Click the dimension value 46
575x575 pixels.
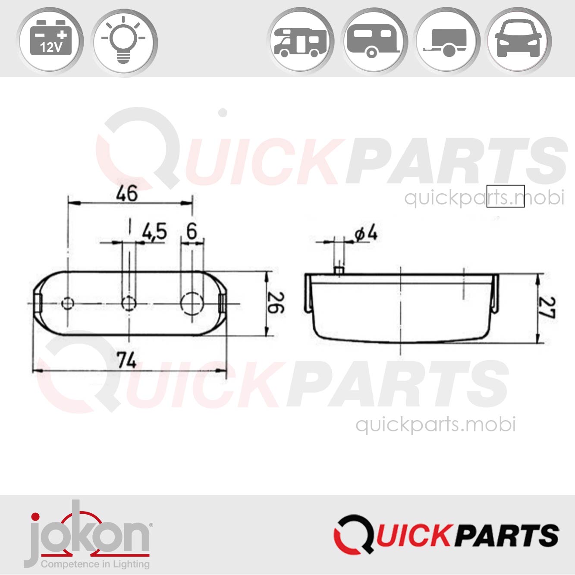[x=127, y=194]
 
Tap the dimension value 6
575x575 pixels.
[x=192, y=232]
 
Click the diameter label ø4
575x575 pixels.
[x=366, y=233]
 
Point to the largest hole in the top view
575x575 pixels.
[x=192, y=304]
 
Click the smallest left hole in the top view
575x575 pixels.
[x=68, y=304]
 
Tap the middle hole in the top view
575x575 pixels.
[x=129, y=304]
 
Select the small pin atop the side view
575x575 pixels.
[x=339, y=270]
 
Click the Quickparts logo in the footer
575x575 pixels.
[x=446, y=535]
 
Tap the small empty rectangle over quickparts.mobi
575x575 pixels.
[x=505, y=196]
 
